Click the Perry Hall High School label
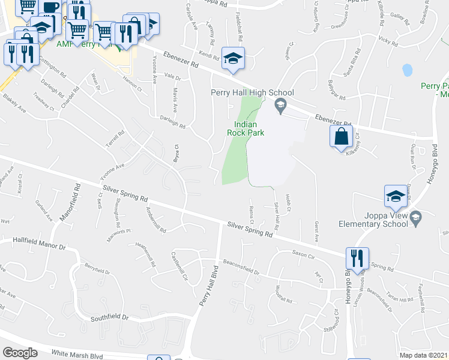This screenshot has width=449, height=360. click(x=252, y=92)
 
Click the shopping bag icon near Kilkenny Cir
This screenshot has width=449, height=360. click(x=341, y=136)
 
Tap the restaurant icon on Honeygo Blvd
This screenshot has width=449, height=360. click(x=357, y=258)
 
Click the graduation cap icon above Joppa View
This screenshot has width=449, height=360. click(x=396, y=195)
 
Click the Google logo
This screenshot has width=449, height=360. click(x=20, y=353)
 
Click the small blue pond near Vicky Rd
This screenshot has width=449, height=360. click(x=408, y=70)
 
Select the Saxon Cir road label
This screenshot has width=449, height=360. click(x=303, y=254)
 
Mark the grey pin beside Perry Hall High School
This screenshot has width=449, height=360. click(x=280, y=107)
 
